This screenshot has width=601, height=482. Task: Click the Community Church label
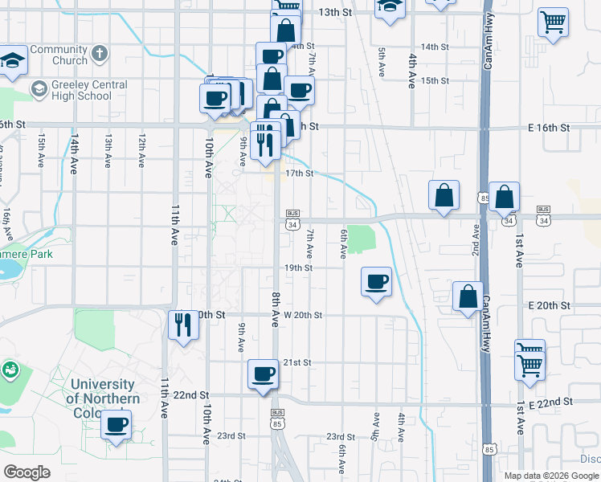[x=59, y=55]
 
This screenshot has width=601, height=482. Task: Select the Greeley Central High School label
[x=78, y=90]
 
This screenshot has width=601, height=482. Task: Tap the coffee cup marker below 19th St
[x=377, y=282]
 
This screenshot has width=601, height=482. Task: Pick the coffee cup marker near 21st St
[x=264, y=374]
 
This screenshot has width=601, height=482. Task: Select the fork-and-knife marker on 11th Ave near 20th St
[x=183, y=325]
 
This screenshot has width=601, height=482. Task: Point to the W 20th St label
[x=303, y=316]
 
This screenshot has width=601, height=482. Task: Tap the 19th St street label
[x=298, y=268]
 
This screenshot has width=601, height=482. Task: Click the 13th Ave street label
[x=108, y=151]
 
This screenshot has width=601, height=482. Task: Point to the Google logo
[x=27, y=472]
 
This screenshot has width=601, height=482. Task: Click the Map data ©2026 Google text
[x=551, y=476]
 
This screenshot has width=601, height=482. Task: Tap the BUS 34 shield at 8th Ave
[x=292, y=219]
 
